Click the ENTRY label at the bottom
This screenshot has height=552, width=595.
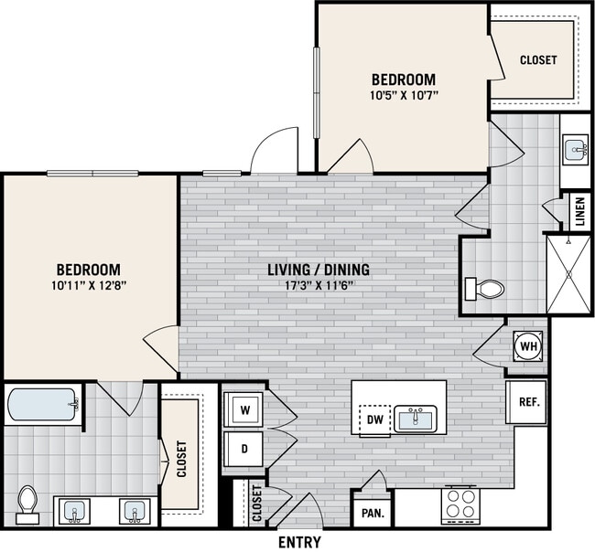tap(298, 542)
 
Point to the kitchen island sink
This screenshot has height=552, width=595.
tap(417, 419)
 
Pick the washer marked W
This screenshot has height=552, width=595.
tap(244, 410)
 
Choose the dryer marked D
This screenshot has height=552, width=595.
tap(244, 449)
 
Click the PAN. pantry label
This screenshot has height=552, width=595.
tap(372, 515)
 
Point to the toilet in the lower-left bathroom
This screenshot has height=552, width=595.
tap(27, 504)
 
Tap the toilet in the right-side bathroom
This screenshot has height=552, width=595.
tap(485, 289)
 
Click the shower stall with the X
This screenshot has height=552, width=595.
tap(568, 273)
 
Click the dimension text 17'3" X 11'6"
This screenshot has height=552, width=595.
tap(319, 285)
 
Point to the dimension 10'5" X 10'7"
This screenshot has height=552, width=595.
tap(403, 94)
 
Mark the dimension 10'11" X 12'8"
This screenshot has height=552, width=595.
tap(89, 286)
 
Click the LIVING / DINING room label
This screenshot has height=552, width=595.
tap(319, 270)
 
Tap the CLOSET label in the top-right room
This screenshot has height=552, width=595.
tap(537, 60)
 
